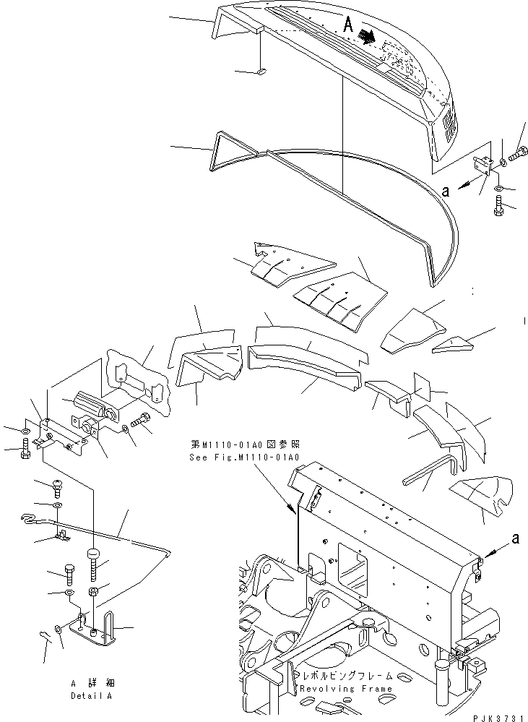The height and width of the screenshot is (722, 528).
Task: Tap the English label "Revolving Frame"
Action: tap(347, 689)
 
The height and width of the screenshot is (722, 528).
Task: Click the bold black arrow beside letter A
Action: tap(366, 35)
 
